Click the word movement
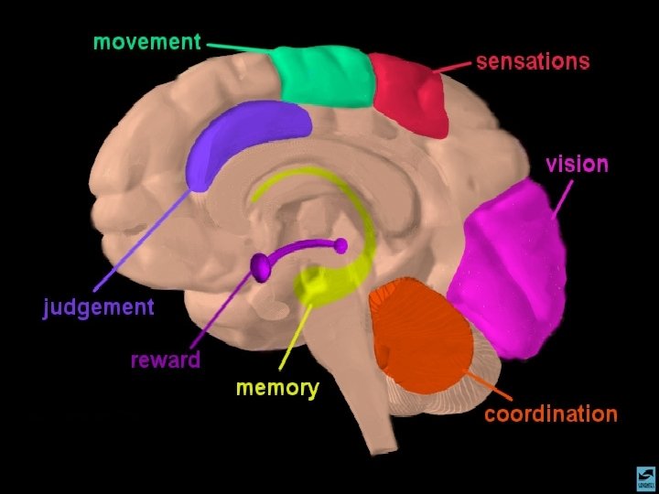(146, 42)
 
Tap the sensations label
(532, 62)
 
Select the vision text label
(577, 165)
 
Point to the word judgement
(99, 307)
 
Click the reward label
(165, 360)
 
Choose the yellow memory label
(277, 388)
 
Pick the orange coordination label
(550, 414)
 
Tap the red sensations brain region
(407, 93)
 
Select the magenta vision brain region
(513, 270)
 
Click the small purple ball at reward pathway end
(340, 245)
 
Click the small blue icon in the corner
(645, 478)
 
